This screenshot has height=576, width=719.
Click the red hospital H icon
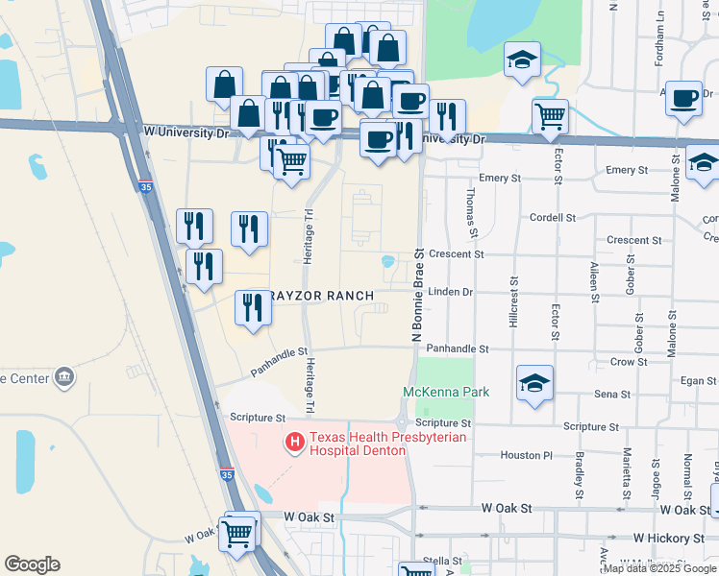click(295, 443)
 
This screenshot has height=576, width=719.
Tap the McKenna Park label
click(445, 392)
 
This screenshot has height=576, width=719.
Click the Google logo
click(32, 564)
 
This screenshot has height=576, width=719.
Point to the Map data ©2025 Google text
click(659, 568)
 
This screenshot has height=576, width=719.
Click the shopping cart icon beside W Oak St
click(237, 533)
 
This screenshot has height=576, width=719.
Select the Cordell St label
click(551, 218)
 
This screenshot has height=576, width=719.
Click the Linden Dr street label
click(451, 292)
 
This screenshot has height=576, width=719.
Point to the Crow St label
click(629, 362)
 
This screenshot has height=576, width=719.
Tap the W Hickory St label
click(669, 540)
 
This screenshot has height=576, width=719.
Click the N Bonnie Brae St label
click(417, 295)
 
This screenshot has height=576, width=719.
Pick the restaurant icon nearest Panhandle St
click(252, 309)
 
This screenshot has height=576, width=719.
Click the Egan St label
click(700, 381)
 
